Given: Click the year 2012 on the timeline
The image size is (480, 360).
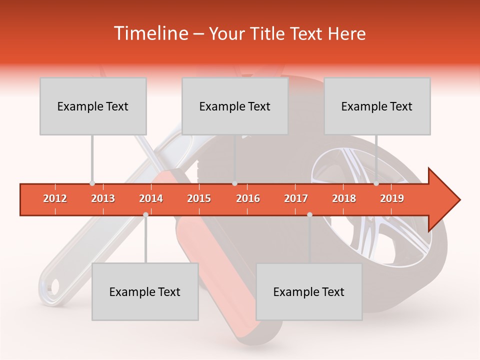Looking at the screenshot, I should [x=55, y=198].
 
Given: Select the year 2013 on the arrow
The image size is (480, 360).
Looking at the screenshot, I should [x=103, y=198].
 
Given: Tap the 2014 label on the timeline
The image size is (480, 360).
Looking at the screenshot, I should [x=151, y=198].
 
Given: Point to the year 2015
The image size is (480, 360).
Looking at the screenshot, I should [x=199, y=198].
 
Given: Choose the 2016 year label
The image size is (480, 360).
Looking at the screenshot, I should [x=247, y=198].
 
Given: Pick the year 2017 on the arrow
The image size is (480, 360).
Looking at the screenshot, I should [x=296, y=198].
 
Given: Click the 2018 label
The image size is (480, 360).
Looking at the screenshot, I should [x=344, y=198].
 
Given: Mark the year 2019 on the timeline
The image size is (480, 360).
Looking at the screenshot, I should [x=392, y=198].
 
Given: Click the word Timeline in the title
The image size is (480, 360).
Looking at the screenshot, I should [x=149, y=33].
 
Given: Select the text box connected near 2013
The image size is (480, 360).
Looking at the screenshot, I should [x=93, y=106].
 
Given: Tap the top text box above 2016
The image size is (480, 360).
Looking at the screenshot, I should [x=235, y=106].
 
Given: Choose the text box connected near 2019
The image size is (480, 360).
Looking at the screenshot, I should [x=377, y=106].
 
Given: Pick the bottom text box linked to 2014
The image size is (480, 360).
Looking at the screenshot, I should [x=145, y=291].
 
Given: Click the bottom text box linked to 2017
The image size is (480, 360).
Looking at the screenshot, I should [x=309, y=291].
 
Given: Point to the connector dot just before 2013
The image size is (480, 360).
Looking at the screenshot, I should [x=92, y=183].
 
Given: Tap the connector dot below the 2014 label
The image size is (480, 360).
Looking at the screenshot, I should [x=145, y=214].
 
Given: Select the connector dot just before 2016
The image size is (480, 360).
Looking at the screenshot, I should [x=234, y=183].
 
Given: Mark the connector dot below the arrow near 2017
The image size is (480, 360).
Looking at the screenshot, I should [x=309, y=214].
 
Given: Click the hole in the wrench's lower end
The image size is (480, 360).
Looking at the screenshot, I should [x=53, y=286].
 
